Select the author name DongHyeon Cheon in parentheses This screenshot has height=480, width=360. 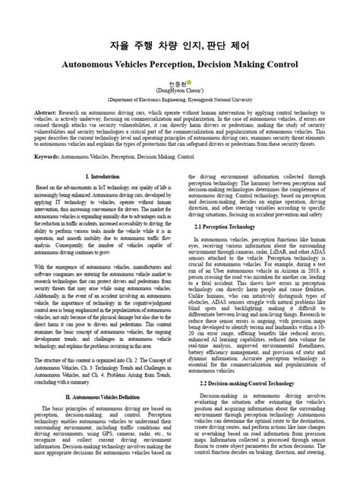(179, 89)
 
